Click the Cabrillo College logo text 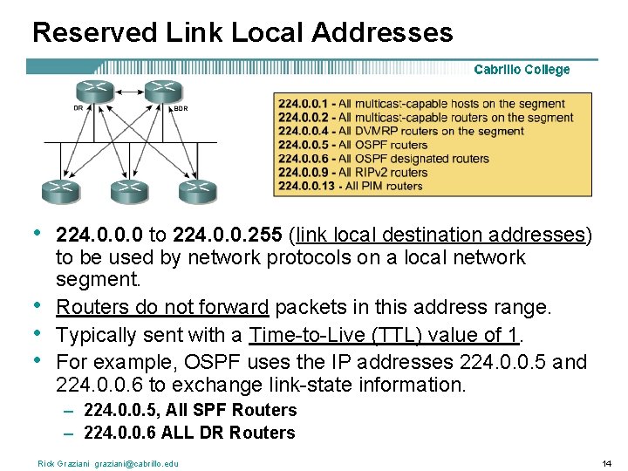coord(522,70)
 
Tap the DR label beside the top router coord(78,108)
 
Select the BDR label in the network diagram coord(181,108)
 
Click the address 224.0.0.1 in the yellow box coord(304,104)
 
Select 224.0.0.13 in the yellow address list coord(307,186)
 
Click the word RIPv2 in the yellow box coord(376,172)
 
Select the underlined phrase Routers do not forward coord(162,307)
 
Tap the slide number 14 coord(607,463)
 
